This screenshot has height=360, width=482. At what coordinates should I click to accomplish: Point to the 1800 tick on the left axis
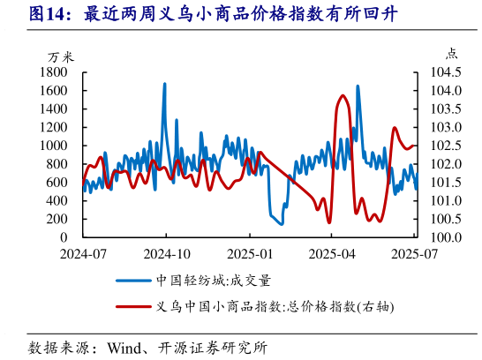coord(54,72)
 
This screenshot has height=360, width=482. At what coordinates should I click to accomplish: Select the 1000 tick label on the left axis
coord(54,146)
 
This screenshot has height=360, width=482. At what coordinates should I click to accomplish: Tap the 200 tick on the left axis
coord(58,220)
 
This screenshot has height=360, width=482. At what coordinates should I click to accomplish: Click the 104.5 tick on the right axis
coord(448,72)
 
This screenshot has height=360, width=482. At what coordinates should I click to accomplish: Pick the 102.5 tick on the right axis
coord(448,146)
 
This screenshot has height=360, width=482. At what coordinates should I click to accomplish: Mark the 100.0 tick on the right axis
coord(448,238)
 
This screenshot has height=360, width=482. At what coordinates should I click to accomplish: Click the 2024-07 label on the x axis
coord(83,253)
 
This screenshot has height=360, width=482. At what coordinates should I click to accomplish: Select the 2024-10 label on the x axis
coord(167,253)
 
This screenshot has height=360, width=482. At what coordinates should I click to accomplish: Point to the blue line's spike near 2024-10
coord(164,85)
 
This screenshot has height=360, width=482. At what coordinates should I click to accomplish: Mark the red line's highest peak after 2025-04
coord(341,95)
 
